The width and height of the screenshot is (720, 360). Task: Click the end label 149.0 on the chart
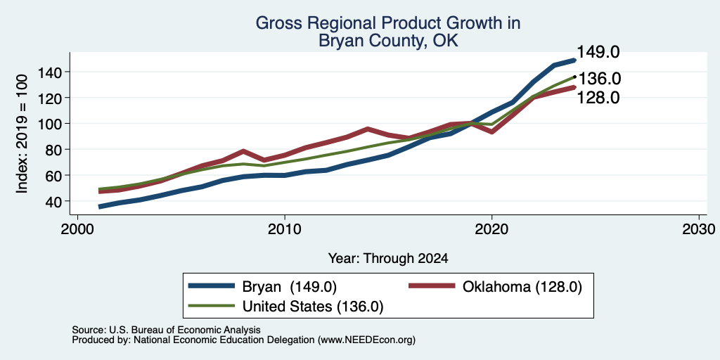point(598,52)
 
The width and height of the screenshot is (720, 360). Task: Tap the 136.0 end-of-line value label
point(599,79)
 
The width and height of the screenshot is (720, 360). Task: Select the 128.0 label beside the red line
point(598,97)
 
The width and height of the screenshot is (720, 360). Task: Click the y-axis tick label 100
point(50,124)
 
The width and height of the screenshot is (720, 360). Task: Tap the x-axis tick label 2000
point(77,229)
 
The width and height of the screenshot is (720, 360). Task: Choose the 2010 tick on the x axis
point(285,229)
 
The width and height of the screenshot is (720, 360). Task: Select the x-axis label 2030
point(698,229)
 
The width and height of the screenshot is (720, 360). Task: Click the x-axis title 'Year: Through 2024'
point(388,259)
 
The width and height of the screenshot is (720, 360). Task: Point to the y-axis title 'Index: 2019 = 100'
point(22,134)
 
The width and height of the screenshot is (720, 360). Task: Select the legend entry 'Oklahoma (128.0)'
point(522,287)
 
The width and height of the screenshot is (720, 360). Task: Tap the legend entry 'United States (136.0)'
point(313,307)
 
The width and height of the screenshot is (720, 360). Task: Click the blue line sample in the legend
point(212,286)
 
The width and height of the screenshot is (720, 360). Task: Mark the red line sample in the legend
point(432,286)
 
